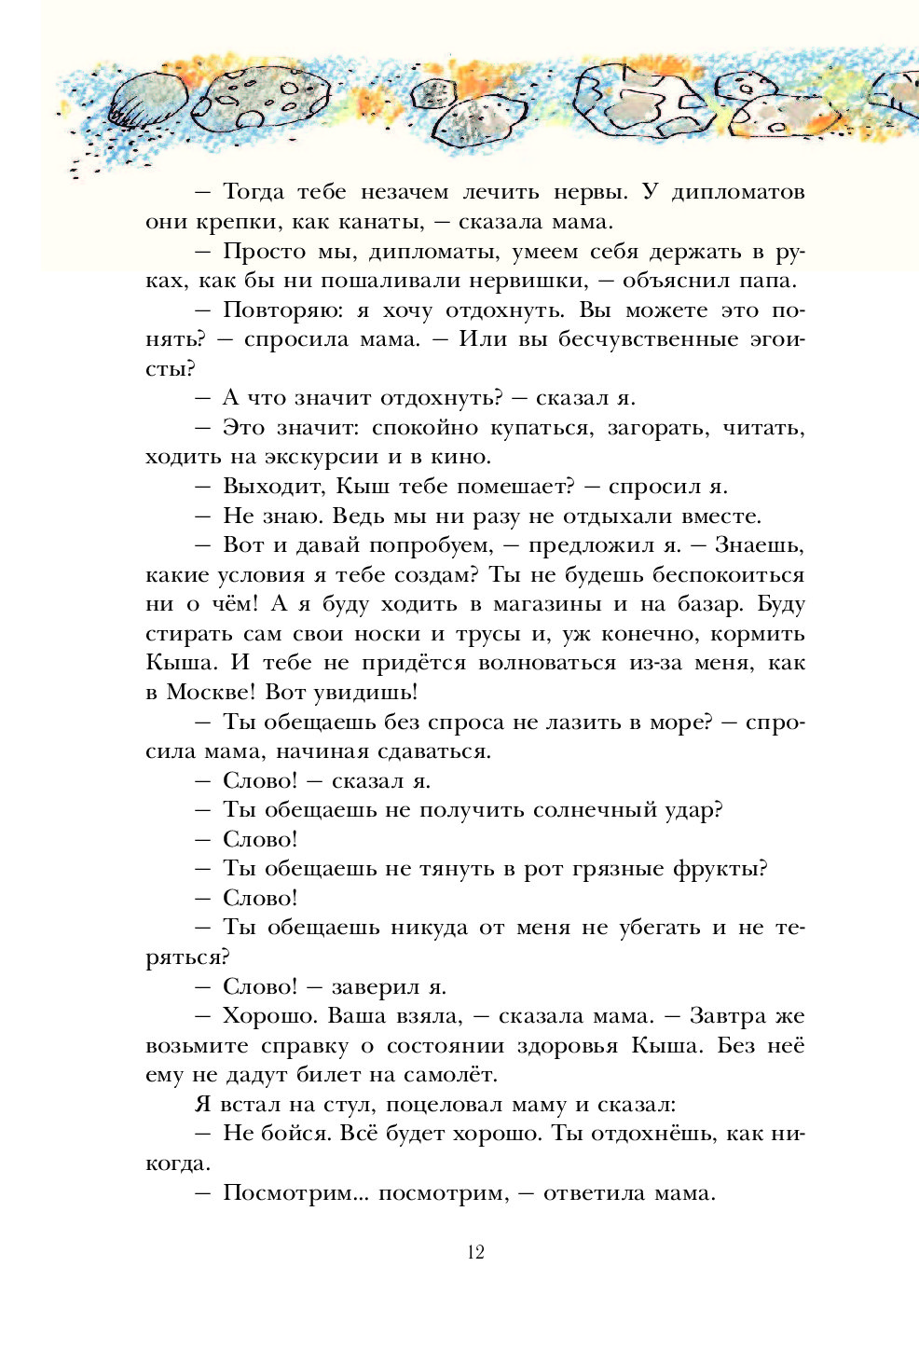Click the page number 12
tap(475, 1252)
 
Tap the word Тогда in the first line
tap(254, 192)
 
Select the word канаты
tap(380, 222)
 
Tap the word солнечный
tap(538, 810)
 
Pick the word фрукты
tap(717, 869)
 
